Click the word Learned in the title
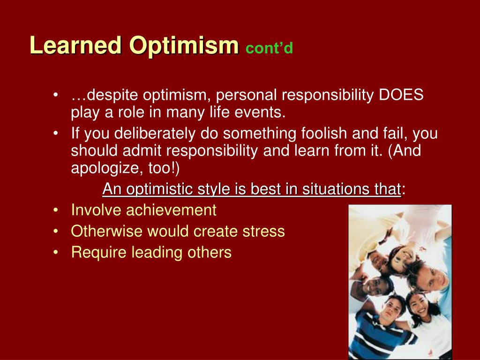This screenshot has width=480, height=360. (x=76, y=45)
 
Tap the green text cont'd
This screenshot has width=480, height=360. (x=269, y=48)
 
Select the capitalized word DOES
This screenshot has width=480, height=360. (x=401, y=95)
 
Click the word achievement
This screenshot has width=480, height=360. (x=171, y=210)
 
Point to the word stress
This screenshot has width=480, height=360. (x=263, y=232)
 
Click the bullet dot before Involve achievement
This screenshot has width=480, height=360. (x=55, y=210)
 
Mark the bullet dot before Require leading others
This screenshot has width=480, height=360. (x=55, y=253)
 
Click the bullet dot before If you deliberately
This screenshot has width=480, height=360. (x=55, y=134)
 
